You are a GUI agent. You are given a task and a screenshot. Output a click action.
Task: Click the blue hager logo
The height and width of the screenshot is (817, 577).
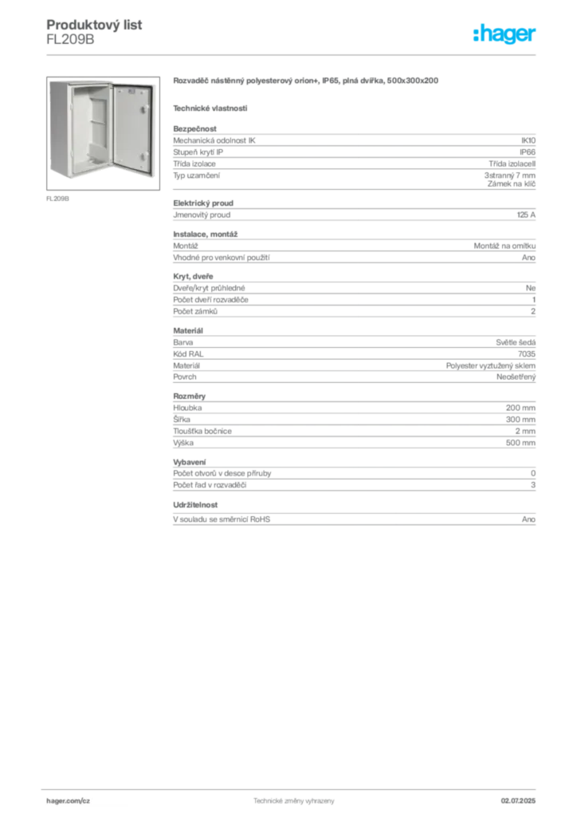(506, 34)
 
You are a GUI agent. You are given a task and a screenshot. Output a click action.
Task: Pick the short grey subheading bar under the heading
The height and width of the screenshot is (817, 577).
(210, 108)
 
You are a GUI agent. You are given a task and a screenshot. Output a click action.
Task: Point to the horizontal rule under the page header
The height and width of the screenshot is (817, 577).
(293, 53)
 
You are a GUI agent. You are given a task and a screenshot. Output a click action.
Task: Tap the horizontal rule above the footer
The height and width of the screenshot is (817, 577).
(293, 789)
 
